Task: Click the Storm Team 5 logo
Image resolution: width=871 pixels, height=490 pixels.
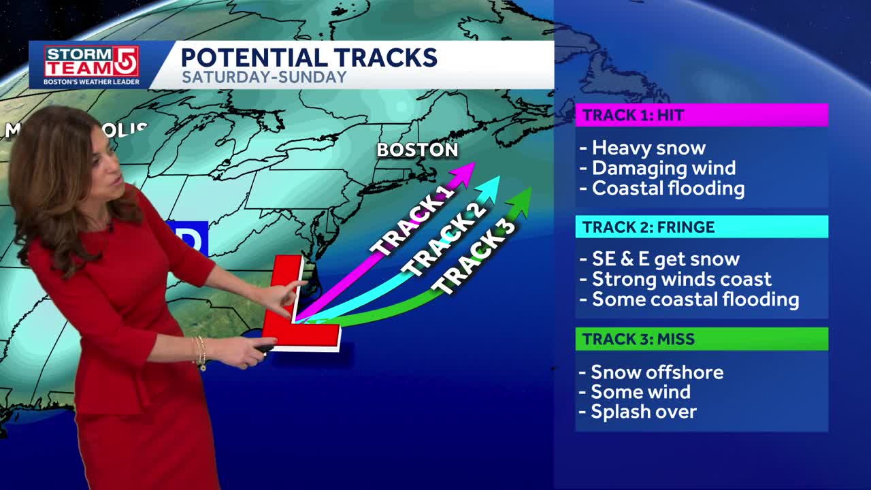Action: [91, 65]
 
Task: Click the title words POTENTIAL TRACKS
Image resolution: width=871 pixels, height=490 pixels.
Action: [308, 57]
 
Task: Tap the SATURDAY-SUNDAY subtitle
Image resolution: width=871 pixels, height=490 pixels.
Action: [264, 78]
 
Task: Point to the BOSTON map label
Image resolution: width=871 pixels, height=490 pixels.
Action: [417, 150]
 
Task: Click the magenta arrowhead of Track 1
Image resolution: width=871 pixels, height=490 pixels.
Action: [465, 171]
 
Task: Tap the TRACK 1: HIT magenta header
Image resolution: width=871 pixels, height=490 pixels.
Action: [702, 115]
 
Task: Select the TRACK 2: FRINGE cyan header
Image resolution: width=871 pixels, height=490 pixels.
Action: [702, 227]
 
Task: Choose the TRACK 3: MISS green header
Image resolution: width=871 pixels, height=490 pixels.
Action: [702, 339]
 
